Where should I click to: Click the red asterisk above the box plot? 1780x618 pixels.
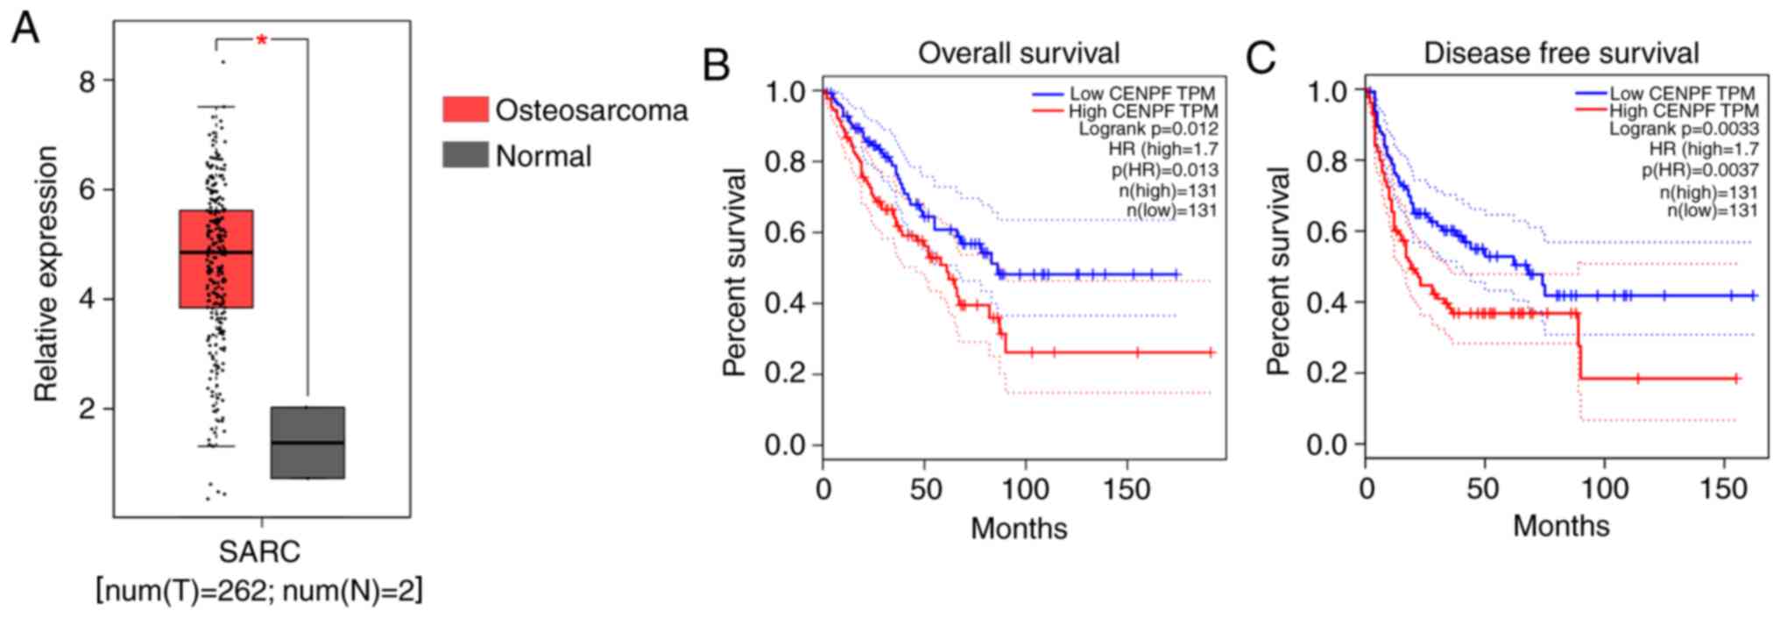click(261, 40)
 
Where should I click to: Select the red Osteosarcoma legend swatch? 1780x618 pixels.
click(465, 110)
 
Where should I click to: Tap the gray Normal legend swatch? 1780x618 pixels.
click(465, 155)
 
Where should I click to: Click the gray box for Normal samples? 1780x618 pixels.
click(307, 442)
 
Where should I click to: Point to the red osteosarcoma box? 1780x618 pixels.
click(216, 259)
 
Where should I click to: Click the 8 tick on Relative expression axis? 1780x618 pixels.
click(87, 82)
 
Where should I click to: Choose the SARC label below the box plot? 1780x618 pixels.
click(259, 552)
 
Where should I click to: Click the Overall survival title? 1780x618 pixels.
click(1019, 53)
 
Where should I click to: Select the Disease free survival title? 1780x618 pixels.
click(1561, 53)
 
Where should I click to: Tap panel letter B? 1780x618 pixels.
click(716, 65)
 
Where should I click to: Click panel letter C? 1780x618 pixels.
click(1261, 59)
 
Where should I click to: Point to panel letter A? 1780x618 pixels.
click(25, 28)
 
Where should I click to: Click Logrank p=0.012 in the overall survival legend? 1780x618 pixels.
click(1148, 130)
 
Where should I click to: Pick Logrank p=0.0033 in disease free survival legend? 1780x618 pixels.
click(1683, 130)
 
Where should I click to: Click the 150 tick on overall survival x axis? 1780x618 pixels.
click(1127, 489)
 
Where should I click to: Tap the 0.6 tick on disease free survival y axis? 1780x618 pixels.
click(1327, 232)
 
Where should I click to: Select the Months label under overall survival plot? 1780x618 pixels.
click(1019, 529)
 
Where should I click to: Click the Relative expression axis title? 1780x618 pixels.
click(46, 273)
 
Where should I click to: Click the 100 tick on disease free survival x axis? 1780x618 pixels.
click(1605, 488)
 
